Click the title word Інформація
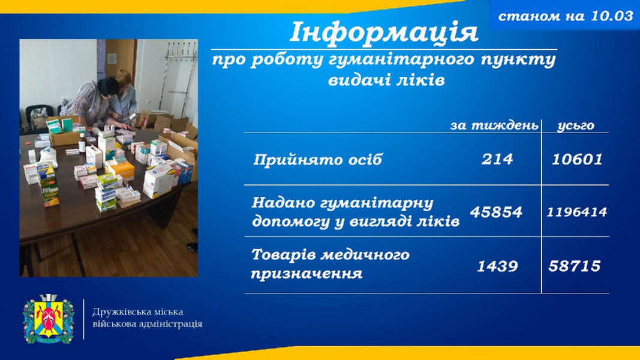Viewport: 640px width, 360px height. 384,32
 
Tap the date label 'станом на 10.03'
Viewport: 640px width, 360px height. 565,16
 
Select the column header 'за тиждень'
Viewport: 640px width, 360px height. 494,125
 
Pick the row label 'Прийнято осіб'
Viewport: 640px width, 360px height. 317,160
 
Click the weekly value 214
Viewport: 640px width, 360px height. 497,159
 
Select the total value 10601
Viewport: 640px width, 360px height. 577,159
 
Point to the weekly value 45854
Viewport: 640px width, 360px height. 496,212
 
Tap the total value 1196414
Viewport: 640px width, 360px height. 577,212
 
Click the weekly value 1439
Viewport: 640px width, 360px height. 497,266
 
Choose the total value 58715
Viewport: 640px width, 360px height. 574,266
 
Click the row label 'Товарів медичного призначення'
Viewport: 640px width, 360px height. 330,263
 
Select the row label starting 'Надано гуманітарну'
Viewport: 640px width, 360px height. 356,212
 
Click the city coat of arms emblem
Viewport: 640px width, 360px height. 49,319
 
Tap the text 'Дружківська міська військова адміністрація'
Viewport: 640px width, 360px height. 148,318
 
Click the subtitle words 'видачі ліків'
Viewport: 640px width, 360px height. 386,80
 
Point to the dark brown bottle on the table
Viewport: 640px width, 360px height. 82,143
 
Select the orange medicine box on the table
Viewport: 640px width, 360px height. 122,170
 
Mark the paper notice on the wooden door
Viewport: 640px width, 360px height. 112,59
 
